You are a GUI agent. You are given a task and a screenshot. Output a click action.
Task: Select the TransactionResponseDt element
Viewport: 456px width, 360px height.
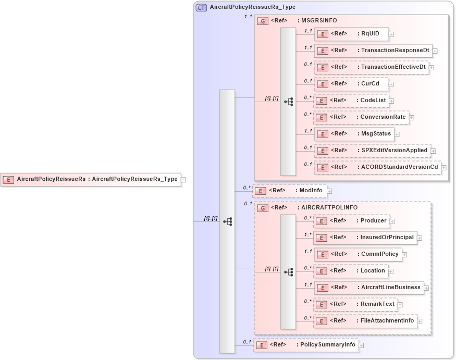pyautogui.click(x=373, y=51)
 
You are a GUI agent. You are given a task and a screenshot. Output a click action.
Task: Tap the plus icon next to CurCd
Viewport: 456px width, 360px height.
pyautogui.click(x=391, y=84)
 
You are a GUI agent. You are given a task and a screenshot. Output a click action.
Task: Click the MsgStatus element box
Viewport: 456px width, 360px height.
pyautogui.click(x=353, y=134)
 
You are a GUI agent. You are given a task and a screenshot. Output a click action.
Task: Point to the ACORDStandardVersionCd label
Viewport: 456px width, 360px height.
pyautogui.click(x=400, y=167)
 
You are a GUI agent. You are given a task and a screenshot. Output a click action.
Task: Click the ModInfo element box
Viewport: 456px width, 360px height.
pyautogui.click(x=290, y=191)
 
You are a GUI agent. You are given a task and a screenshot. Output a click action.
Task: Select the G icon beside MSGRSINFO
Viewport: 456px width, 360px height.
pyautogui.click(x=264, y=21)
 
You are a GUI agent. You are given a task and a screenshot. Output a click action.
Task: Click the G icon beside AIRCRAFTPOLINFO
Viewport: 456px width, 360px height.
pyautogui.click(x=264, y=208)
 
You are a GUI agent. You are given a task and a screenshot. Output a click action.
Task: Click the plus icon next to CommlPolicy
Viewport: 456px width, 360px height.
pyautogui.click(x=404, y=255)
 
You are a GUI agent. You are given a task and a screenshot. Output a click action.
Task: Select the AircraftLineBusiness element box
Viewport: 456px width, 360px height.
pyautogui.click(x=369, y=288)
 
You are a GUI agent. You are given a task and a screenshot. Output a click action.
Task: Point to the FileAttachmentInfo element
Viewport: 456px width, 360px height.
pyautogui.click(x=366, y=321)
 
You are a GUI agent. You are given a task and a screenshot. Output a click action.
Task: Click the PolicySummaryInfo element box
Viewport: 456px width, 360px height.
pyautogui.click(x=306, y=345)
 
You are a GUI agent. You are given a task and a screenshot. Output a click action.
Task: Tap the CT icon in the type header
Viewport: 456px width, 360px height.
pyautogui.click(x=201, y=7)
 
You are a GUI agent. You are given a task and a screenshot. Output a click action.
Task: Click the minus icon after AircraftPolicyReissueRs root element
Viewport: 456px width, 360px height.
pyautogui.click(x=183, y=180)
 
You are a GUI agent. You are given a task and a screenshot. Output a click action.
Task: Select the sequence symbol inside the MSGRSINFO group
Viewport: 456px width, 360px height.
pyautogui.click(x=288, y=102)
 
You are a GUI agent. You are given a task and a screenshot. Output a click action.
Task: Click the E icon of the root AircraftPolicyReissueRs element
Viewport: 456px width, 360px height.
pyautogui.click(x=9, y=180)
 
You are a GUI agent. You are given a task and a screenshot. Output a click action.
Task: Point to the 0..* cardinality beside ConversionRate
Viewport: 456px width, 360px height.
pyautogui.click(x=307, y=114)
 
